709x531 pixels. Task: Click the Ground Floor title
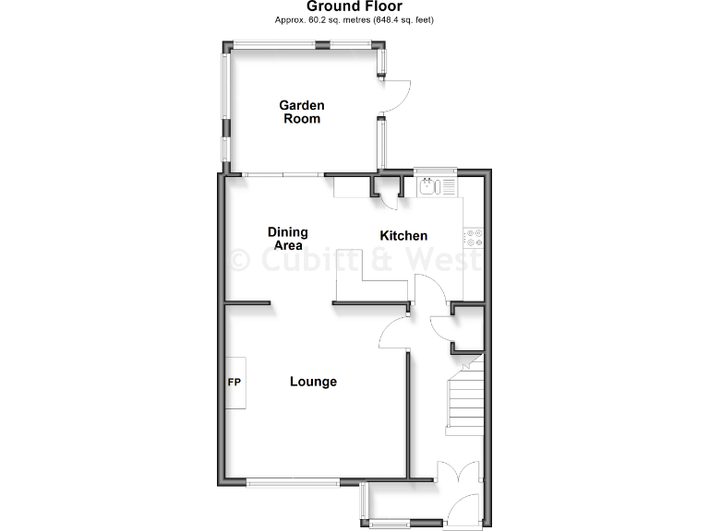(x=354, y=6)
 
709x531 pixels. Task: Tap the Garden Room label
(x=302, y=112)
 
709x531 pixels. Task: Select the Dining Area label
(x=287, y=238)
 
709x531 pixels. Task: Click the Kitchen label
(x=403, y=236)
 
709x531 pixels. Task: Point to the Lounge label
(x=313, y=382)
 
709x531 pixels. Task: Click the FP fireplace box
(x=234, y=383)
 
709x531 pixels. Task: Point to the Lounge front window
(x=294, y=481)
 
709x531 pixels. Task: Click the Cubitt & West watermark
(x=354, y=260)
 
